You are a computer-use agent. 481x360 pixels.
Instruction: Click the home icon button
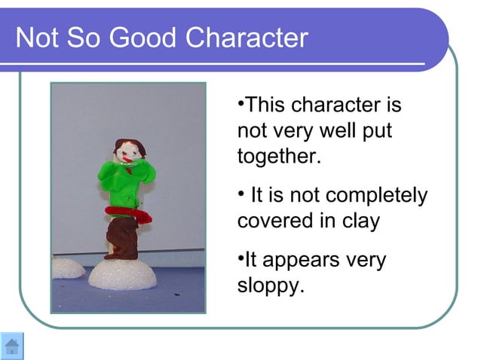(12, 346)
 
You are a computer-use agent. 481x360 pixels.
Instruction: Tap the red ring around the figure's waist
(128, 213)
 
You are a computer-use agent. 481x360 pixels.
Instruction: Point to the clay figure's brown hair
(124, 145)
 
